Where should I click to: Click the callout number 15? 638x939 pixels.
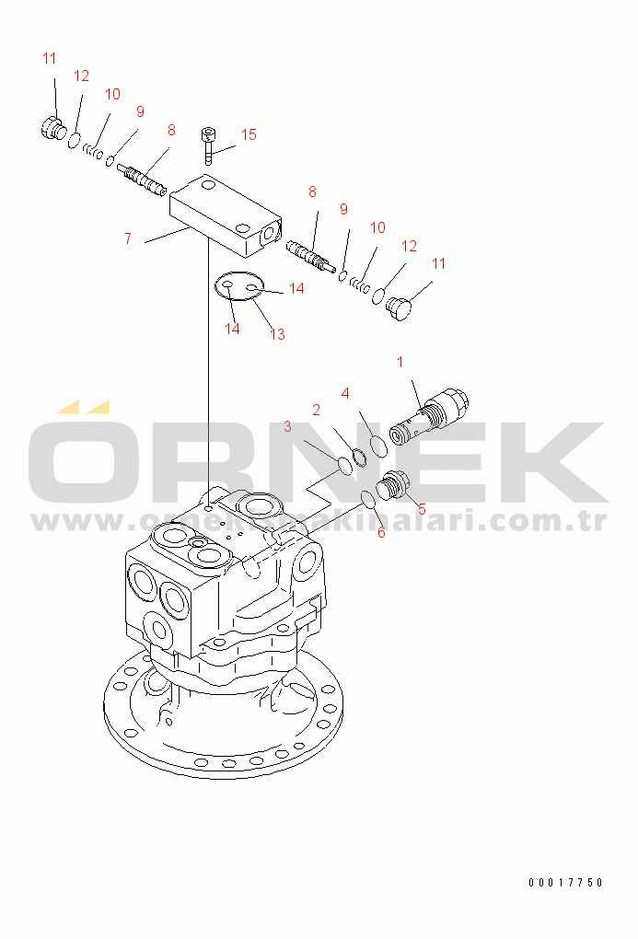tap(249, 134)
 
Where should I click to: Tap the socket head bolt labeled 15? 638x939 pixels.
tap(208, 145)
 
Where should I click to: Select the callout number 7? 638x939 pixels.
tap(128, 238)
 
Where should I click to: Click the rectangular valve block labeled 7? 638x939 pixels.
tap(226, 215)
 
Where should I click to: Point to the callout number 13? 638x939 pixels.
tap(277, 334)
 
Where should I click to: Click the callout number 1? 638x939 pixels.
tap(400, 363)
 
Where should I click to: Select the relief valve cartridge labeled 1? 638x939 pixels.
tap(428, 416)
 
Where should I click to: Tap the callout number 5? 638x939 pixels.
tap(422, 509)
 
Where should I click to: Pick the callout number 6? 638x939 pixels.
tap(381, 532)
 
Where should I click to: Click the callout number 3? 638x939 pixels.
tap(287, 426)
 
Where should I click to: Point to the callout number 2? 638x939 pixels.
tap(317, 410)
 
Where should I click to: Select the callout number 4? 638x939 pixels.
tap(345, 393)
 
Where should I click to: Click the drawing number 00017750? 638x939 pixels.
tap(566, 882)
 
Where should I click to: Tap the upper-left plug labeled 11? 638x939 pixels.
tap(53, 128)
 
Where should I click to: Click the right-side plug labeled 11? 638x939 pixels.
tap(399, 308)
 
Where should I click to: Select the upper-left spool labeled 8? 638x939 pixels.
tap(142, 180)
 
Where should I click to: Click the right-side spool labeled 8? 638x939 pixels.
tap(310, 256)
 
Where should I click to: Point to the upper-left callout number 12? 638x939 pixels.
tap(81, 76)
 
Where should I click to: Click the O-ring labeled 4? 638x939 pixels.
tap(378, 446)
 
